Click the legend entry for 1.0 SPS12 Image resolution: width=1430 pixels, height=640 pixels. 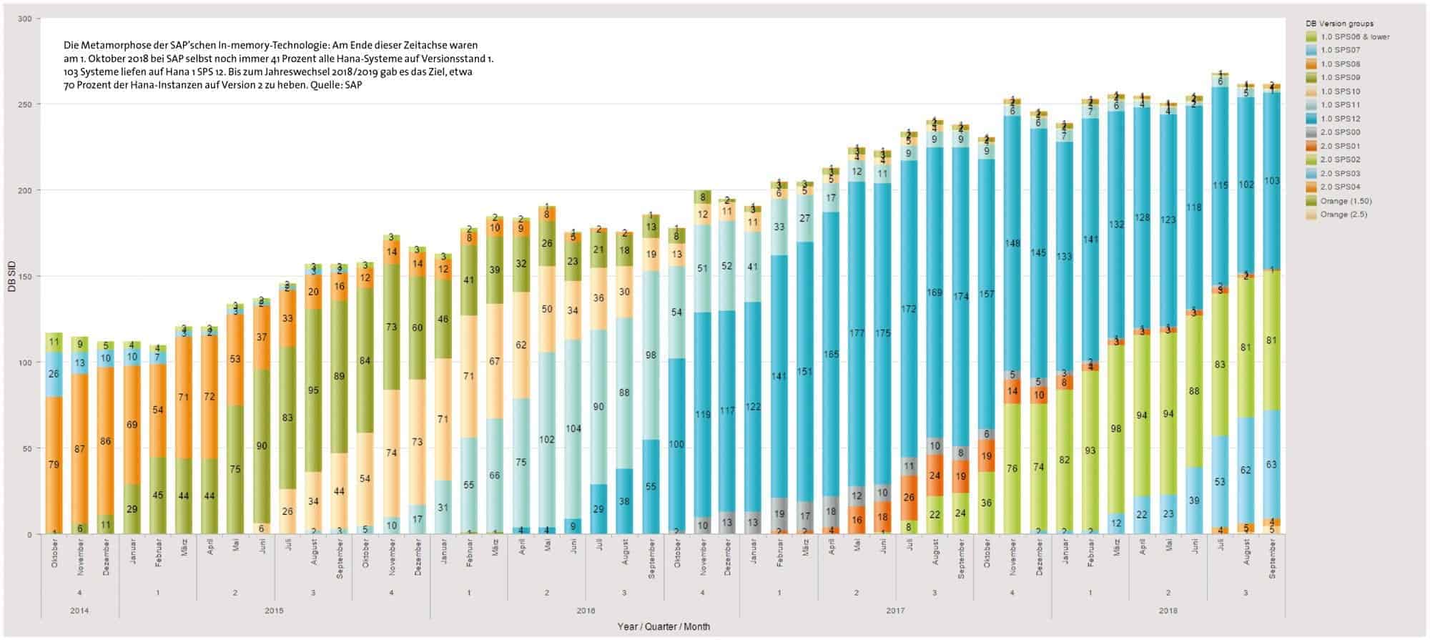pyautogui.click(x=1340, y=119)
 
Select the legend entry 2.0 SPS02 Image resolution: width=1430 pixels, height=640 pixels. pyautogui.click(x=1340, y=159)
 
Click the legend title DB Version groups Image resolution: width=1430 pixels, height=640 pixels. pyautogui.click(x=1339, y=24)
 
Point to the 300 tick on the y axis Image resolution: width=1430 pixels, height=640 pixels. pyautogui.click(x=25, y=19)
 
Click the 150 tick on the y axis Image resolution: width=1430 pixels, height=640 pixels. pyautogui.click(x=25, y=277)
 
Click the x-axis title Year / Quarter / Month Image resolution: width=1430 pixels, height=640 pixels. pyautogui.click(x=664, y=626)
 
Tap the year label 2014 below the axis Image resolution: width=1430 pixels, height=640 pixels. pyautogui.click(x=79, y=611)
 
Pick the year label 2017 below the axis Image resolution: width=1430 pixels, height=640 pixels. pyautogui.click(x=894, y=611)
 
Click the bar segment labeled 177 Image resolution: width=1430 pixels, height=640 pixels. pyautogui.click(x=857, y=333)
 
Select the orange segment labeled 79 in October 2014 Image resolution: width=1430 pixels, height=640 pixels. pyautogui.click(x=54, y=465)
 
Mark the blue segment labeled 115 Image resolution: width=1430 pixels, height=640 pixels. pyautogui.click(x=1220, y=186)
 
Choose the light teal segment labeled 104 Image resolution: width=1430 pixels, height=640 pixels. pyautogui.click(x=573, y=429)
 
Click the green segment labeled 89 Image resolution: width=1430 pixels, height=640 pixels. pyautogui.click(x=340, y=377)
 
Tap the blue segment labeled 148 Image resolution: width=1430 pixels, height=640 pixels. pyautogui.click(x=1012, y=243)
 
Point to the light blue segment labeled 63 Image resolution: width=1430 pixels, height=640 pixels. pyautogui.click(x=1271, y=465)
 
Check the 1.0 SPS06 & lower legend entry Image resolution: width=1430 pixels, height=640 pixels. pyautogui.click(x=1355, y=36)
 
